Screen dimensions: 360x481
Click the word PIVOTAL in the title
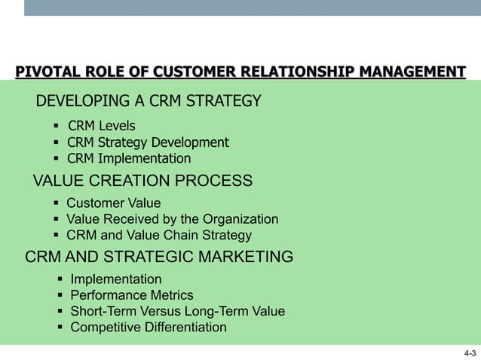(43, 72)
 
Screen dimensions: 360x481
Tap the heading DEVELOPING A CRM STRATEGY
(149, 101)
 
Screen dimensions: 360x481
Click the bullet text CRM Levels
(101, 126)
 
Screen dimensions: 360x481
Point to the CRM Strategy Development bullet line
(148, 142)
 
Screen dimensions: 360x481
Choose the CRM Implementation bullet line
(129, 158)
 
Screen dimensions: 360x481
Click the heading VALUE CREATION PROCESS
(142, 181)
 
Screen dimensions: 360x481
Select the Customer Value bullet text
(113, 203)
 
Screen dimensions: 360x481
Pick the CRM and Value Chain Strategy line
(158, 235)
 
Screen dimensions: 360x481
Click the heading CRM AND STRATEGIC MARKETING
(159, 258)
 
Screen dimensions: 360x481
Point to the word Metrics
(170, 295)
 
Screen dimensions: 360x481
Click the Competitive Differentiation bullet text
(148, 327)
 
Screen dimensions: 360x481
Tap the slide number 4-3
(470, 352)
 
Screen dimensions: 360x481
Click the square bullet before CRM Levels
(56, 126)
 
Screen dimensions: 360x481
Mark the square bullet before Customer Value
(56, 203)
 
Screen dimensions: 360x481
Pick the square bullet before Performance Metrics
(60, 295)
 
